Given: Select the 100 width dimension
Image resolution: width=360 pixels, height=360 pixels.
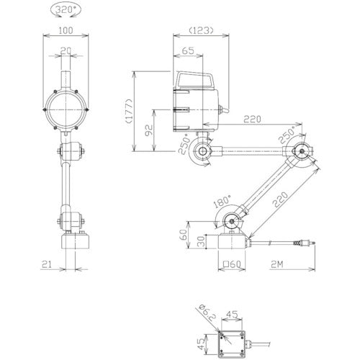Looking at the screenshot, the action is tap(66, 30).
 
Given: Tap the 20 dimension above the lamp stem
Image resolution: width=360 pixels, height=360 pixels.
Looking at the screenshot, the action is tap(66, 51).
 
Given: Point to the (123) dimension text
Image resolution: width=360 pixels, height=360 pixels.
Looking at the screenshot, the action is tap(201, 30).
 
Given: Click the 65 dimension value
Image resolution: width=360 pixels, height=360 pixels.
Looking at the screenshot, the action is tap(188, 51).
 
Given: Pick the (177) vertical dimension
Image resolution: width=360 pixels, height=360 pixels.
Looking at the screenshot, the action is tap(129, 111).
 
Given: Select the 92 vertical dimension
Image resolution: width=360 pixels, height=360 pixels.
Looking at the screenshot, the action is tap(149, 130).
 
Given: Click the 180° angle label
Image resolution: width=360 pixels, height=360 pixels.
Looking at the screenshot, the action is tap(222, 201).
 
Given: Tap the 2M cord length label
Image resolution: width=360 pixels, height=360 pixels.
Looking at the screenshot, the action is tap(277, 264).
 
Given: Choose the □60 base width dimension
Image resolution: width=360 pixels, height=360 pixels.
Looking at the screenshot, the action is tap(232, 264).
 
